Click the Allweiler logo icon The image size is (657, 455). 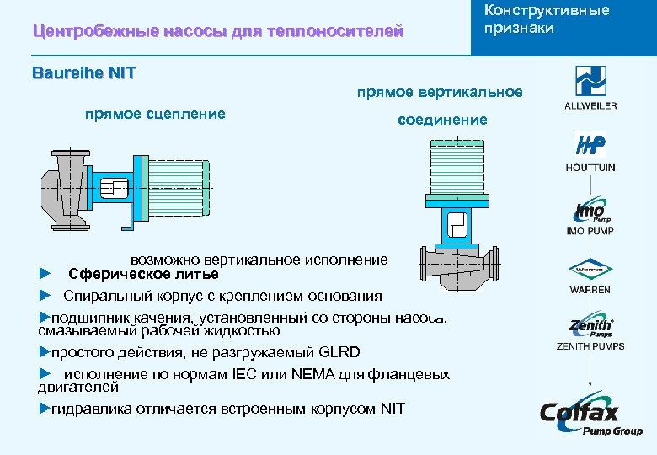pyautogui.click(x=590, y=82)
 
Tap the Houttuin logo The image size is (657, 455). pyautogui.click(x=590, y=145)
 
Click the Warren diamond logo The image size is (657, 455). pyautogui.click(x=590, y=270)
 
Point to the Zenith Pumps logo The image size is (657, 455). pyautogui.click(x=590, y=327)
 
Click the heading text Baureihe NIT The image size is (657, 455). pyautogui.click(x=83, y=72)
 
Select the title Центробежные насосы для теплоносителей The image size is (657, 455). pyautogui.click(x=217, y=32)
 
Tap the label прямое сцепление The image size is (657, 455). pyautogui.click(x=155, y=114)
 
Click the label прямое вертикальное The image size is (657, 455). pyautogui.click(x=439, y=92)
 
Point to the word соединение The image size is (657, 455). pyautogui.click(x=442, y=120)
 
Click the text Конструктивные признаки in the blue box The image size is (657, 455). pyautogui.click(x=546, y=19)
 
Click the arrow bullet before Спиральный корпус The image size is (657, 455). pyautogui.click(x=45, y=296)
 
